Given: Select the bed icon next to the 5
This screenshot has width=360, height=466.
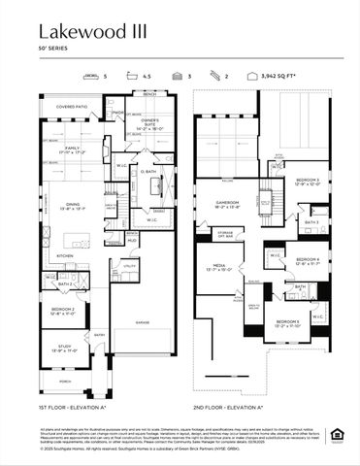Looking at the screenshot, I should pyautogui.click(x=92, y=74).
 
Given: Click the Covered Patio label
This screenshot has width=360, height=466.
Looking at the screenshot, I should pyautogui.click(x=71, y=106).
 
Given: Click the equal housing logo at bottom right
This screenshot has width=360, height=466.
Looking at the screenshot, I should pyautogui.click(x=336, y=433).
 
